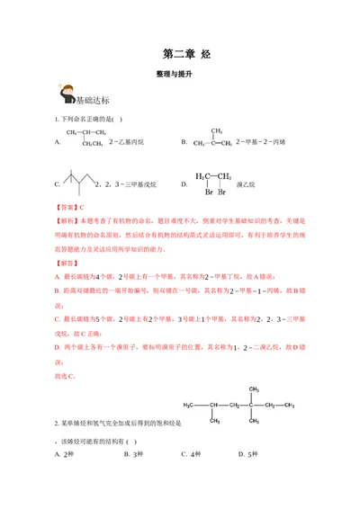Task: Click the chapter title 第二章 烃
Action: point(180,53)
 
